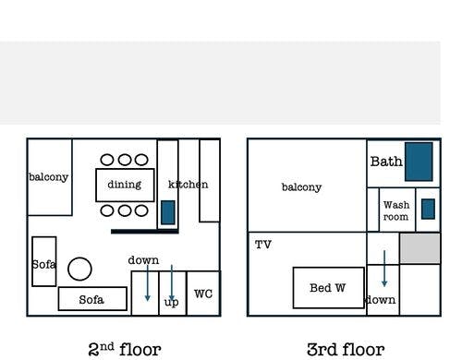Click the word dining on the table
click(125, 185)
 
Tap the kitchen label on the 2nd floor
click(188, 185)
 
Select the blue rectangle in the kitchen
click(168, 212)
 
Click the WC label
click(203, 294)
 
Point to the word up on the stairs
click(171, 302)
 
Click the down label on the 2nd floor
click(143, 260)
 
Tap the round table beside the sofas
click(79, 269)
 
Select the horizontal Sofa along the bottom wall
click(92, 299)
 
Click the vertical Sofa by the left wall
click(44, 261)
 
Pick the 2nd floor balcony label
click(48, 177)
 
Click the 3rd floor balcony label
click(301, 187)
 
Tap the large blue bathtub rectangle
click(419, 162)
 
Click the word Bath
click(386, 162)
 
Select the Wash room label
click(396, 210)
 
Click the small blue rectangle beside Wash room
click(428, 210)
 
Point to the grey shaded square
click(420, 248)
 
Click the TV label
click(263, 245)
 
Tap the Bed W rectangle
click(329, 288)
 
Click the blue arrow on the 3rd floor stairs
click(384, 269)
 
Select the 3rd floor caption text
click(346, 350)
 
